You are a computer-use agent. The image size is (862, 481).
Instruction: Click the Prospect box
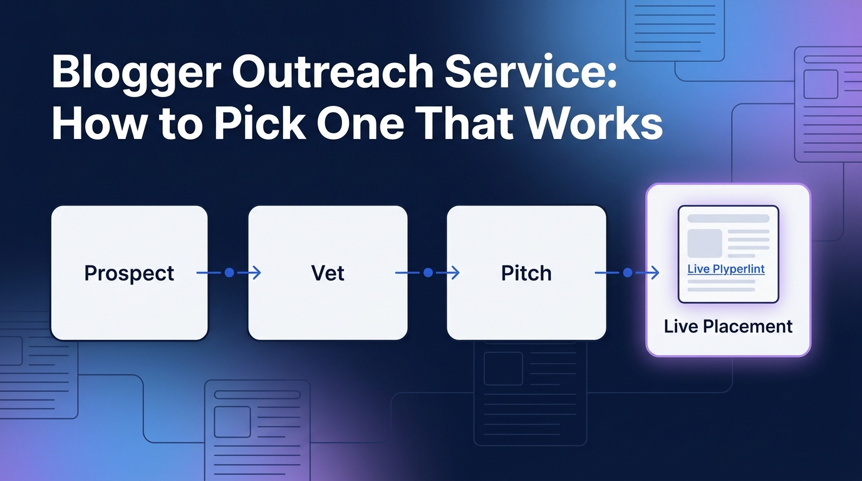pyautogui.click(x=129, y=273)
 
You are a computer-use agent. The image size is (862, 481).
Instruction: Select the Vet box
pyautogui.click(x=328, y=273)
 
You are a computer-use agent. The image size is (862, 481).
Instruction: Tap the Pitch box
pyautogui.click(x=526, y=273)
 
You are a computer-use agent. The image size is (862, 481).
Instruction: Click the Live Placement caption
pyautogui.click(x=728, y=326)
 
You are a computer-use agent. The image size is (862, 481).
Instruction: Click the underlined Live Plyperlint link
pyautogui.click(x=726, y=269)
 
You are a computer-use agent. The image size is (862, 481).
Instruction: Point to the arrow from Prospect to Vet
pyautogui.click(x=229, y=273)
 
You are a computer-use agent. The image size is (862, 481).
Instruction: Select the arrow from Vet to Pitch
pyautogui.click(x=427, y=273)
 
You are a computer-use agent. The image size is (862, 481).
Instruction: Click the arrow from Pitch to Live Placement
pyautogui.click(x=626, y=273)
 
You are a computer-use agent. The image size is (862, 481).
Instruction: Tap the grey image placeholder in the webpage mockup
pyautogui.click(x=705, y=244)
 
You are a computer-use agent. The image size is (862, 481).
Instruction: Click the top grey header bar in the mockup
pyautogui.click(x=728, y=219)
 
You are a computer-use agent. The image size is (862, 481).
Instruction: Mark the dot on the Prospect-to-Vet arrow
pyautogui.click(x=229, y=273)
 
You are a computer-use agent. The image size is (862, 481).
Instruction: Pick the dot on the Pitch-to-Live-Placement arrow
pyautogui.click(x=627, y=273)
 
